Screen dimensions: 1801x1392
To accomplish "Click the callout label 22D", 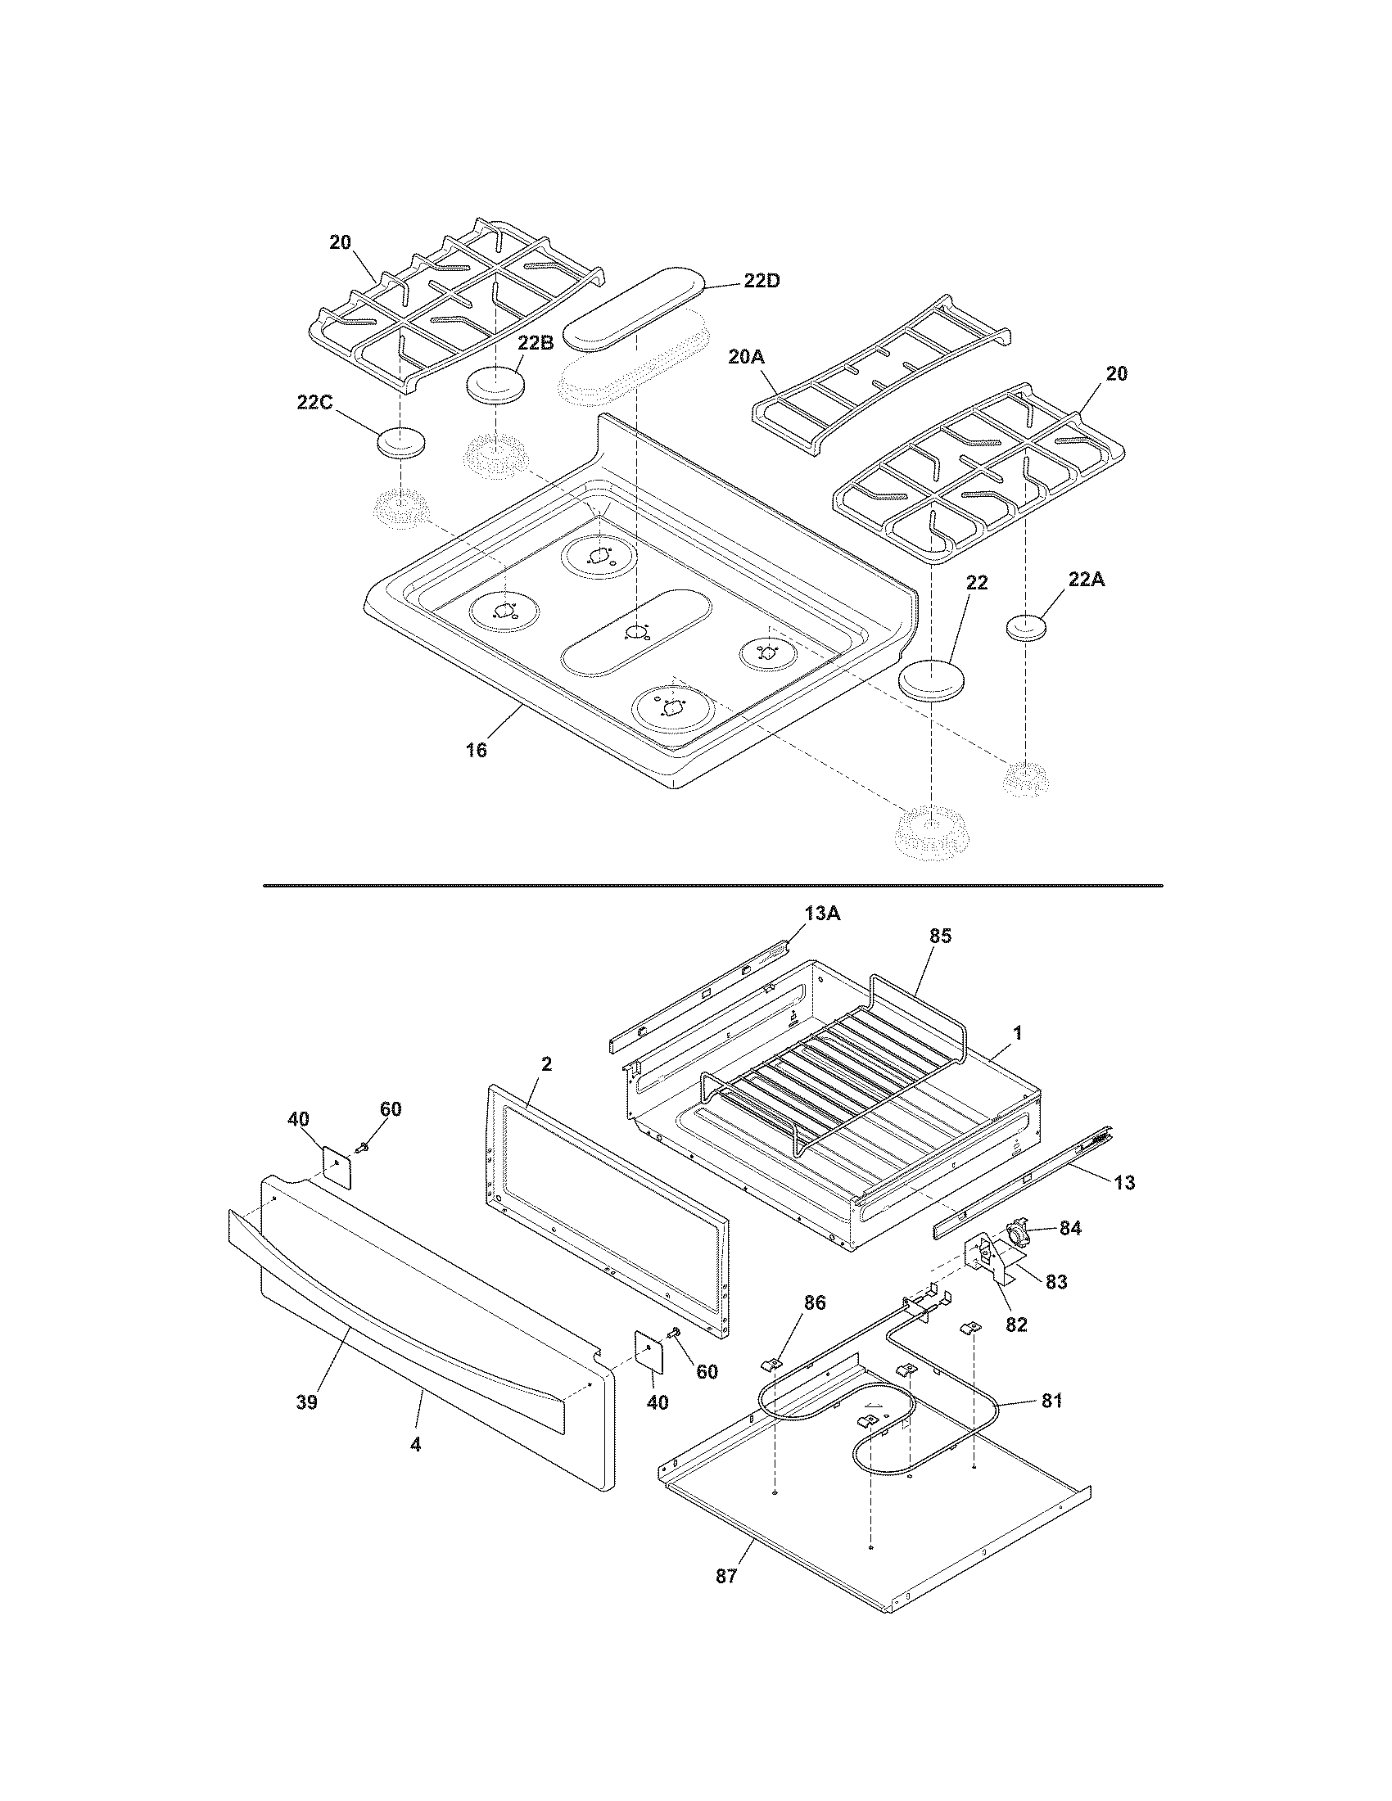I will click(x=762, y=280).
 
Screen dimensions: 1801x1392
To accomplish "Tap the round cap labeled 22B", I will click(x=495, y=386).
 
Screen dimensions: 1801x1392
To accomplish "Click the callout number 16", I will click(x=477, y=750).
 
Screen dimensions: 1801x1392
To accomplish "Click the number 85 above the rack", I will click(x=940, y=935).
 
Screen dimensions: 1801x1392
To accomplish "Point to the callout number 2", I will click(x=546, y=1063).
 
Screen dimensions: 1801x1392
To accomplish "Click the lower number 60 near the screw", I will click(x=707, y=1371).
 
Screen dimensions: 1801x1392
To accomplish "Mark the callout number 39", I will click(x=307, y=1402).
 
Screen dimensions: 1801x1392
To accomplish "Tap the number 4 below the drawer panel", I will click(x=416, y=1444).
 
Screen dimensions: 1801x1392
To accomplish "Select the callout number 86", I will click(x=814, y=1302).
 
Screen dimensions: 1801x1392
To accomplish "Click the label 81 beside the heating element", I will click(x=1051, y=1399).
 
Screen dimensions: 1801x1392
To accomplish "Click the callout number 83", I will click(x=1056, y=1281).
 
